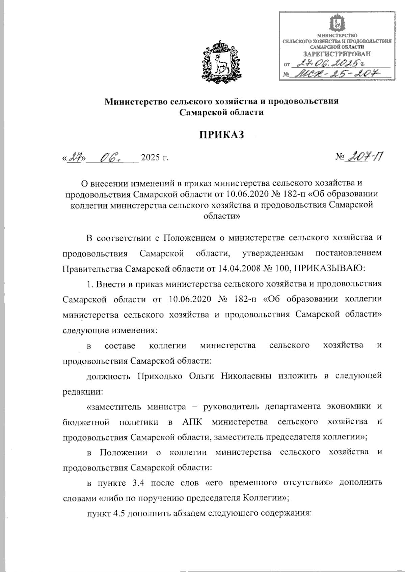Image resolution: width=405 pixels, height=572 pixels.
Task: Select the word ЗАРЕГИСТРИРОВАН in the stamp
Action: coord(336,54)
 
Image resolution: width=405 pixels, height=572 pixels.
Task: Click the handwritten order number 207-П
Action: coord(367,156)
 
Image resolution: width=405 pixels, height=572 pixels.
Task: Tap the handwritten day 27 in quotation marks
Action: coord(76,157)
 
